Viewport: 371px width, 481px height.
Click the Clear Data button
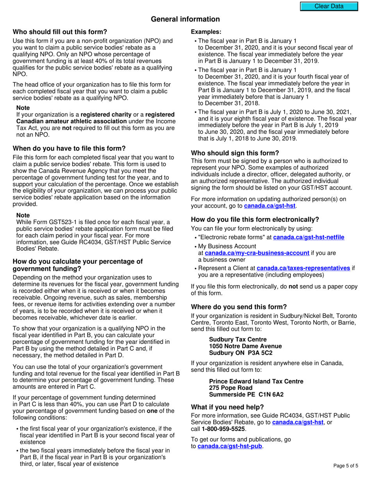[x=329, y=6]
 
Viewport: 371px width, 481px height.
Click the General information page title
[x=185, y=19]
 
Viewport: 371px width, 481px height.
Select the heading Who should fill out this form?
[x=60, y=32]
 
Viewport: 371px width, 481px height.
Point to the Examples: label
[x=206, y=32]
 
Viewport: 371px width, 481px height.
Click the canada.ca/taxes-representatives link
[x=303, y=268]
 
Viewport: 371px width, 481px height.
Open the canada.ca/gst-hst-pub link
[x=230, y=446]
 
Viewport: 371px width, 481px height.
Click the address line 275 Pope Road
[x=228, y=388]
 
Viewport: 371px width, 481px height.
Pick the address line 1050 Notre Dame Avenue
[x=245, y=346]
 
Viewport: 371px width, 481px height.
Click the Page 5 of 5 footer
[x=345, y=466]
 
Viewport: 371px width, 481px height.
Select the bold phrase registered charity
[x=106, y=114]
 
